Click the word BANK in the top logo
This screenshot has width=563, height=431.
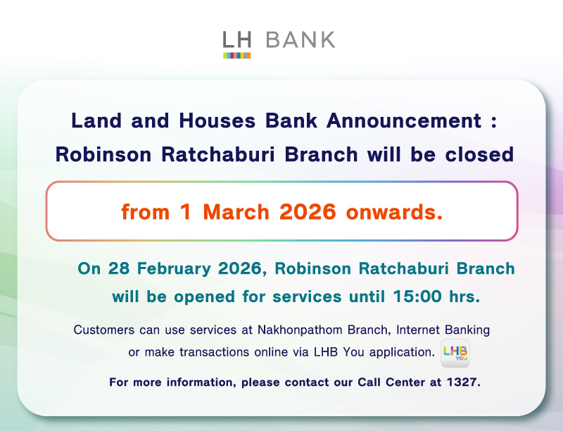pyautogui.click(x=301, y=39)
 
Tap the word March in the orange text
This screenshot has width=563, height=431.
pyautogui.click(x=234, y=212)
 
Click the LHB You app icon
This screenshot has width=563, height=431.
pyautogui.click(x=455, y=354)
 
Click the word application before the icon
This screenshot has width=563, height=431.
pyautogui.click(x=396, y=351)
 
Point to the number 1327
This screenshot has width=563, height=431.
pyautogui.click(x=462, y=383)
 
